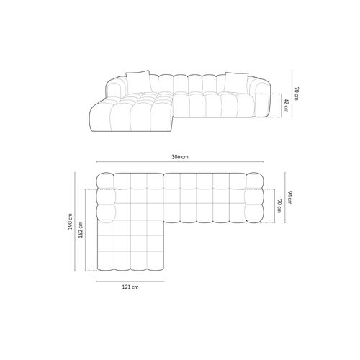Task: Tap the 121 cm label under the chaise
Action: pos(130,286)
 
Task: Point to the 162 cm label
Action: pos(81,230)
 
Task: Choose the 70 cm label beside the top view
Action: pos(279,206)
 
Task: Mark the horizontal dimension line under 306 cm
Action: pos(180,165)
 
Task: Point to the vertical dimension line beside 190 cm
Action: pos(77,223)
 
